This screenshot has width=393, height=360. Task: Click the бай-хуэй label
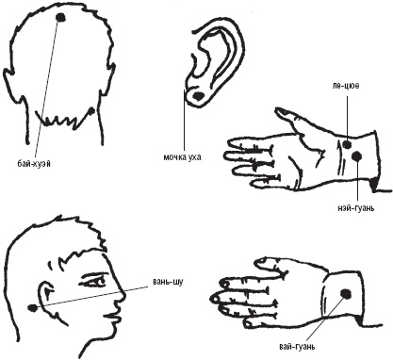(x=34, y=163)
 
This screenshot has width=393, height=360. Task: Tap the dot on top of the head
(x=60, y=17)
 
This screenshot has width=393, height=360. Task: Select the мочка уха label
(x=182, y=156)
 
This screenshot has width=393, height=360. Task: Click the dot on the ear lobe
(x=199, y=96)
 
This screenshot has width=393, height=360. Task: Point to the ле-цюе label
(x=345, y=86)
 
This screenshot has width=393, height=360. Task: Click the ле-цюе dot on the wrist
(x=347, y=144)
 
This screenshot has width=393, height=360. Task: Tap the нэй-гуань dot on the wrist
(x=357, y=156)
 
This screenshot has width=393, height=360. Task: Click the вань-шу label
(x=168, y=282)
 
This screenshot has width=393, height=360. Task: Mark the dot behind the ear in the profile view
(x=32, y=308)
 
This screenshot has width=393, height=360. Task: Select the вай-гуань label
(x=297, y=347)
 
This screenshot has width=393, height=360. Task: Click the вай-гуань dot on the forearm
(x=346, y=294)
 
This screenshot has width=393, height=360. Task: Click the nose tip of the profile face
(x=125, y=295)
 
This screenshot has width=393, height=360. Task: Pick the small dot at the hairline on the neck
(x=91, y=110)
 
